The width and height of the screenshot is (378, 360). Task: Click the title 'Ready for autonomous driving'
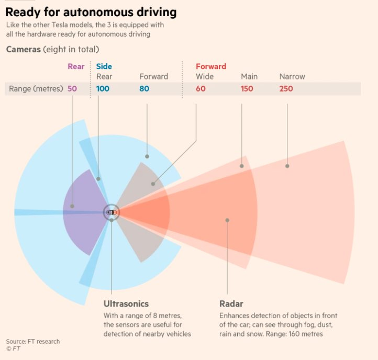91,12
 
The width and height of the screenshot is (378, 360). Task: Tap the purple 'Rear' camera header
76,66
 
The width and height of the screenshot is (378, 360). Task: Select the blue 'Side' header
104,66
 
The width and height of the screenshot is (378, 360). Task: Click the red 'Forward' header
211,66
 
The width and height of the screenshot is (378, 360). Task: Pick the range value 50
72,88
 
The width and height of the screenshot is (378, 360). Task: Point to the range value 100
103,88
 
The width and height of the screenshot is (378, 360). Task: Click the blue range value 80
144,88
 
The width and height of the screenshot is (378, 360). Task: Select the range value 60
201,88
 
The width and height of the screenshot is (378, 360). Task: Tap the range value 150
247,88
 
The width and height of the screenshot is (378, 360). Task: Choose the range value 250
286,88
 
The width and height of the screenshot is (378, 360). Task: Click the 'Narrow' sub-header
292,76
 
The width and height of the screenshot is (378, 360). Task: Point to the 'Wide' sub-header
205,76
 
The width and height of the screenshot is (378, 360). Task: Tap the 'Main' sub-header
249,76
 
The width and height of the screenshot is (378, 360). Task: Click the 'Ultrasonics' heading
126,303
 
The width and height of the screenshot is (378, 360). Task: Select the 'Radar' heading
232,303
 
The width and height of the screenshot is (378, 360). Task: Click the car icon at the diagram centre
112,212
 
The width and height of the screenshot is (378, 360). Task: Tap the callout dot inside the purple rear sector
72,206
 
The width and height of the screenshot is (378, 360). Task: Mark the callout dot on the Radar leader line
227,220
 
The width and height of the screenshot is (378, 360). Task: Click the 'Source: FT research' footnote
33,342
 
